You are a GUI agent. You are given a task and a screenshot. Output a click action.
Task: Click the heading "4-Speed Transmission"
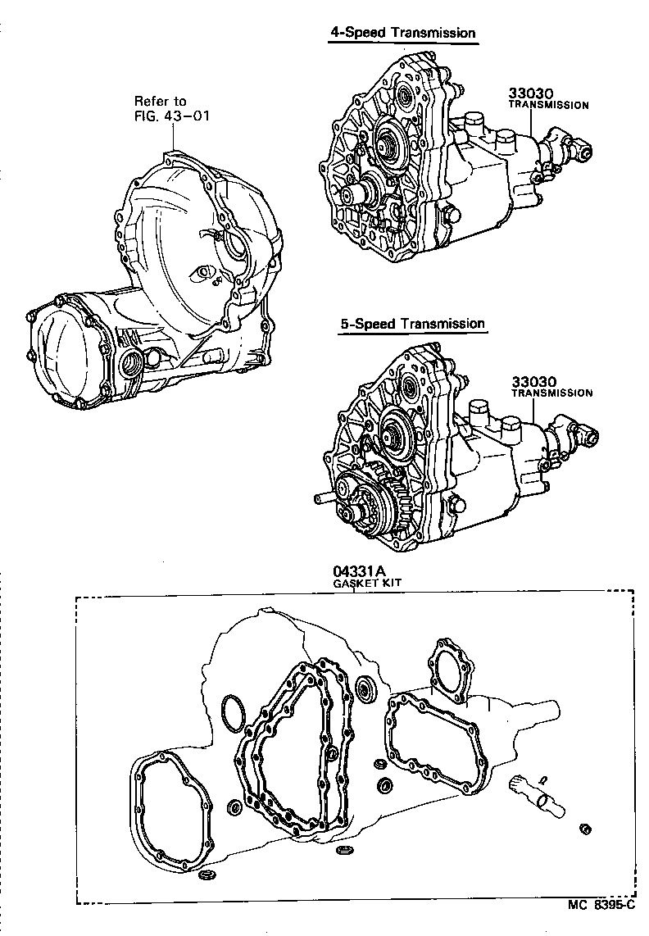point(402,33)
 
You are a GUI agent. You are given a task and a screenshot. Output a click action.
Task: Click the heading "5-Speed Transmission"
point(412,324)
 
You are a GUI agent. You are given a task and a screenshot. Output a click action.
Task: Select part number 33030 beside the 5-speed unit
point(533,381)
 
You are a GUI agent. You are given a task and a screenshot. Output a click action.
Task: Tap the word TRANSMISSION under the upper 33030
point(548,106)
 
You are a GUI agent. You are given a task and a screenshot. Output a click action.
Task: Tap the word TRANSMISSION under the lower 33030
point(551,393)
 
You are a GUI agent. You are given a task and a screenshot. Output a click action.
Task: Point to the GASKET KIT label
point(365,584)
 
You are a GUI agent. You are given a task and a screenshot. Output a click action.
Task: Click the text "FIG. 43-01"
point(172,116)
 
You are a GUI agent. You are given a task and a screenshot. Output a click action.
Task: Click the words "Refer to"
point(161,102)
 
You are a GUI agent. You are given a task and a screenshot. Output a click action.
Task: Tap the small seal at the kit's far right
point(585,829)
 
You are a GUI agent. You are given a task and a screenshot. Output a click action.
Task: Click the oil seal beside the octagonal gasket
point(366,688)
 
